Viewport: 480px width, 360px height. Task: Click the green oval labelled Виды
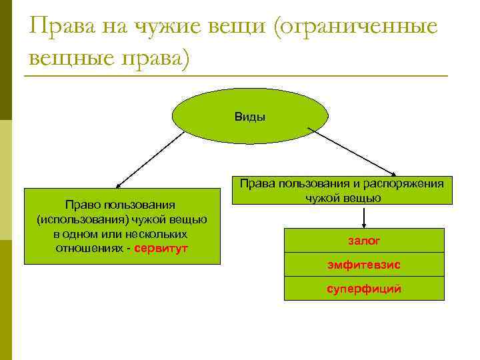point(250,116)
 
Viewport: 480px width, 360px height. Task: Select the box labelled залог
point(364,240)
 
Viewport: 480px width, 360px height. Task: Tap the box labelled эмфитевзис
point(364,265)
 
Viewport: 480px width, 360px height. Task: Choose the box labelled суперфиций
point(364,289)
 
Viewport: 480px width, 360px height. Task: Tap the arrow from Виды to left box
point(151,157)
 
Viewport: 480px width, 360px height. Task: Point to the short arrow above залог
point(364,216)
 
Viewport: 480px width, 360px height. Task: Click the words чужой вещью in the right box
point(343,198)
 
